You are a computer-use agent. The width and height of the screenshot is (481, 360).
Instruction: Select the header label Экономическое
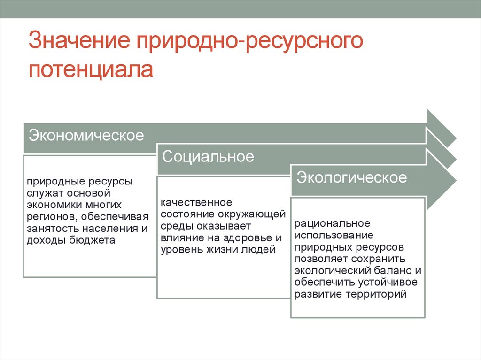(86, 136)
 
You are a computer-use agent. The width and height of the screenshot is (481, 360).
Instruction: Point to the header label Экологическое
(351, 178)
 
